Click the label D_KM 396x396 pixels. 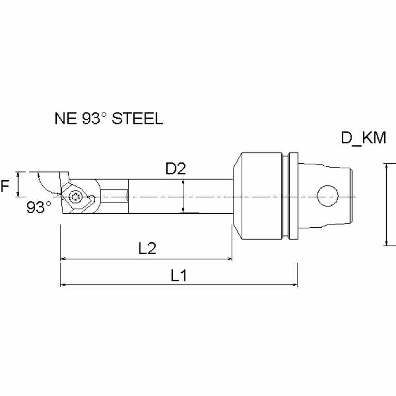click(x=364, y=138)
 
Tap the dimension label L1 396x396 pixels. click(x=179, y=276)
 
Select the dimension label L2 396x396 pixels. click(x=148, y=249)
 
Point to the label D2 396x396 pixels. click(x=175, y=169)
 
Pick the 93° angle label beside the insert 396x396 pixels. click(x=39, y=208)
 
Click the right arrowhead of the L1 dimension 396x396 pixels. click(x=294, y=284)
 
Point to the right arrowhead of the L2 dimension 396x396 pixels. click(x=229, y=258)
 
